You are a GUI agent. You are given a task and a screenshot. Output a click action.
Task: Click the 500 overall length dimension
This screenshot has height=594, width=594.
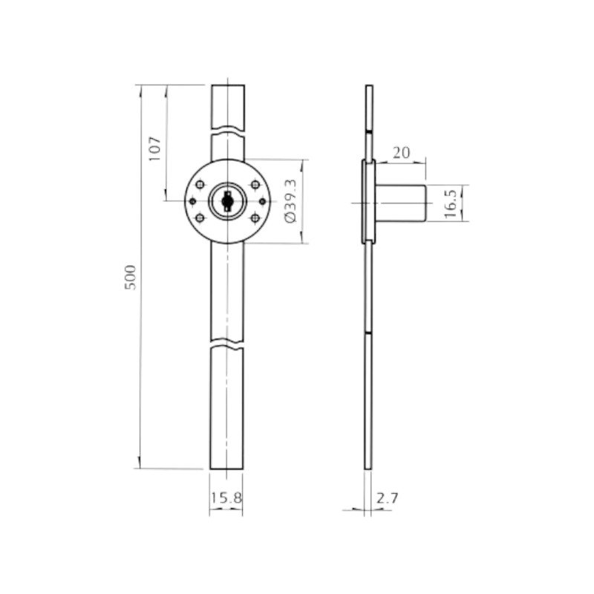[x=130, y=277]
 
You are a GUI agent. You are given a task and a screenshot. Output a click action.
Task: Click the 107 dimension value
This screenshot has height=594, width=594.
[x=154, y=149]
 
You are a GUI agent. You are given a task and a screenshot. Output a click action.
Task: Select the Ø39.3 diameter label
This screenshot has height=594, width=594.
[x=291, y=200]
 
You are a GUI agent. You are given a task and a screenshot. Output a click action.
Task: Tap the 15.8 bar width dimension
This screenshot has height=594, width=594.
[x=226, y=497]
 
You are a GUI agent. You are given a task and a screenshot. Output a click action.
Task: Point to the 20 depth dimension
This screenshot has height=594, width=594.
[x=401, y=153]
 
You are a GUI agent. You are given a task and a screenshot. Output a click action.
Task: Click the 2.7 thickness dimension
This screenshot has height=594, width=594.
[x=388, y=498]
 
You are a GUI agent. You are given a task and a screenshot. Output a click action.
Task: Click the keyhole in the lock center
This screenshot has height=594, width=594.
[x=227, y=200]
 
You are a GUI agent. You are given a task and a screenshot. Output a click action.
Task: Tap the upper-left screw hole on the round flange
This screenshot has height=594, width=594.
[x=200, y=185]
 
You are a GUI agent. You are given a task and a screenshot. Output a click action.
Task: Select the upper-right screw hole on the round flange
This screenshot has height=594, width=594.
[x=255, y=185]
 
